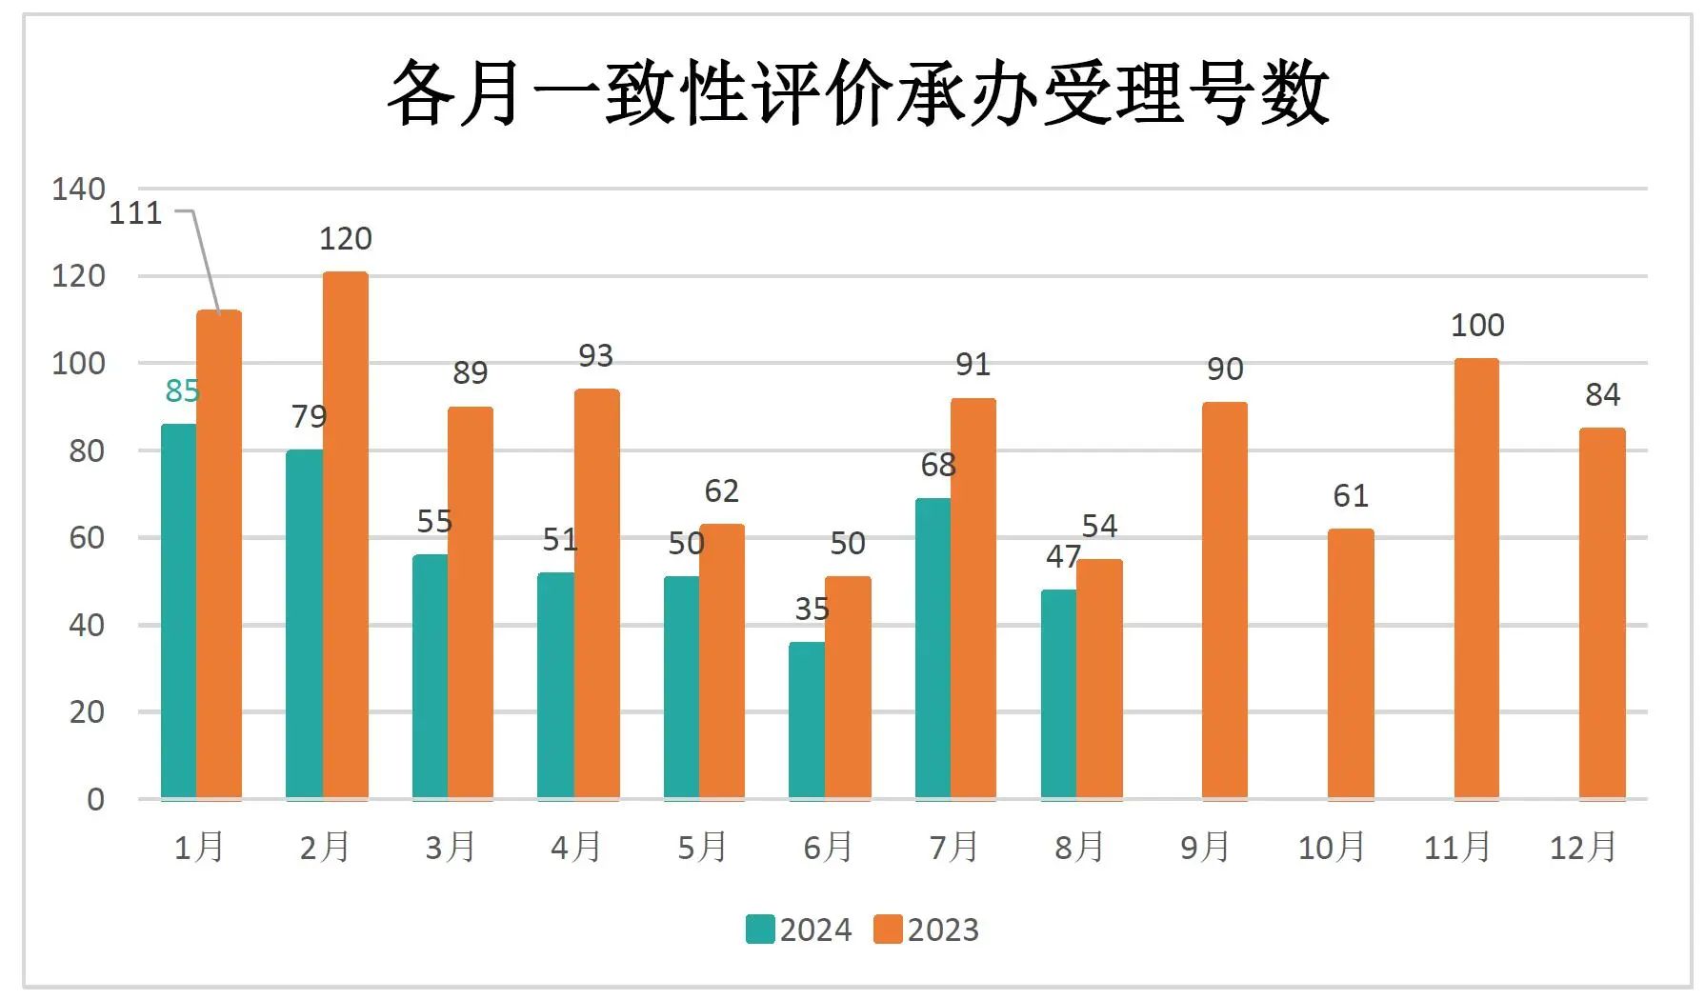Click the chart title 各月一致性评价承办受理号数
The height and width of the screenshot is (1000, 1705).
point(857,92)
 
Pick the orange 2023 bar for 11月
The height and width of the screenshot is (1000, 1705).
point(1476,578)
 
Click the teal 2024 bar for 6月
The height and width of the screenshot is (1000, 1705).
point(807,719)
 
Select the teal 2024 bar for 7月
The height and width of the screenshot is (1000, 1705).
point(933,648)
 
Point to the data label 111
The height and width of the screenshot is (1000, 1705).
point(135,213)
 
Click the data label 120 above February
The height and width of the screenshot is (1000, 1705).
point(345,239)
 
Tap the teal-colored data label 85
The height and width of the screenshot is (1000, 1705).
point(182,391)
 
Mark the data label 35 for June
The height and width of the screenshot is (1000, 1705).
point(812,610)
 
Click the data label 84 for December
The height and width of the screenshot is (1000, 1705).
point(1602,395)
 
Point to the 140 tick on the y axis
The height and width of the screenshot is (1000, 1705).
point(78,190)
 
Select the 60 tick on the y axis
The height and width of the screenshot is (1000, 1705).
point(87,538)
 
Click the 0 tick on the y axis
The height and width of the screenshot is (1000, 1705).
point(95,800)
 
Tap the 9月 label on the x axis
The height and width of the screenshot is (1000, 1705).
point(1205,847)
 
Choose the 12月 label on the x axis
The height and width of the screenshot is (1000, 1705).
point(1583,847)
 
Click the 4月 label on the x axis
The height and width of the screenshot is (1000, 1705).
point(576,847)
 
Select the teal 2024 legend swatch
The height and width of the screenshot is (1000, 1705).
point(760,930)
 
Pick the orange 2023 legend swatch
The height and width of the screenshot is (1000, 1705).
point(888,930)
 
